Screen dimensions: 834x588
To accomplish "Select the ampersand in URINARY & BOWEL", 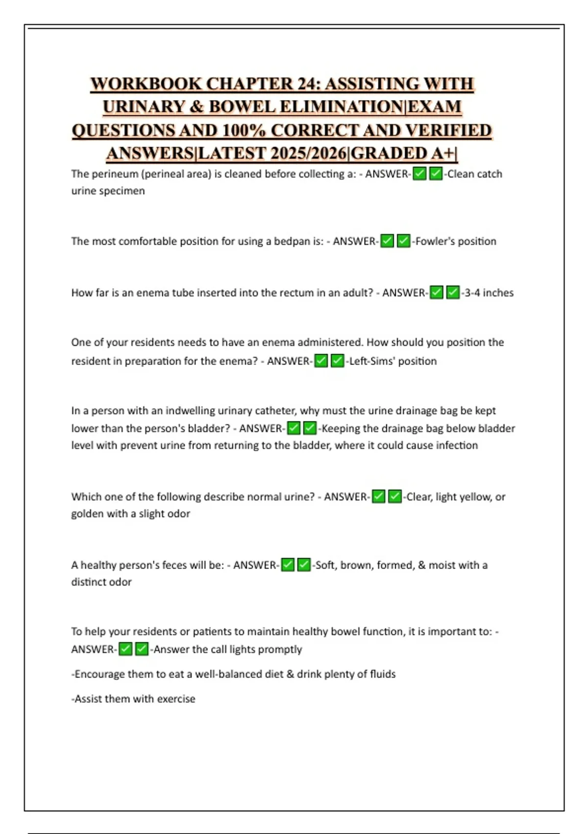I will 196,107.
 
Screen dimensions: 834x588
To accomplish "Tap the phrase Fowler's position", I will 456,241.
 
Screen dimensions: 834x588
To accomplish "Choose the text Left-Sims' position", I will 392,361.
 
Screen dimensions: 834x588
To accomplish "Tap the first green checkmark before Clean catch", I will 419,174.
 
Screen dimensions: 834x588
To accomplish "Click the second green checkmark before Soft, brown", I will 304,565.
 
